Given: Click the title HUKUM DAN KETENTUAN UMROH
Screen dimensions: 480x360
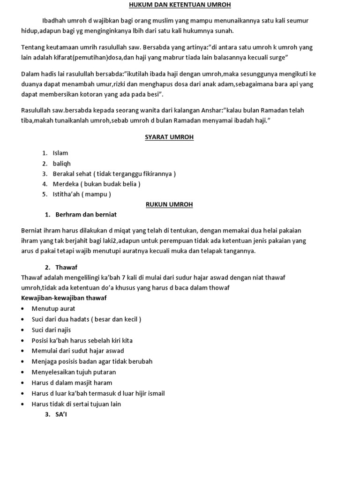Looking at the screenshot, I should (180, 5).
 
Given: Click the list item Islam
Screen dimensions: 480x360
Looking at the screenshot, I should (60, 153).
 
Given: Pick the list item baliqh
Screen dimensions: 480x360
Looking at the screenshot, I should (62, 163).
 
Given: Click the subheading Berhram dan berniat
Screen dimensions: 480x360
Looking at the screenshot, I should (86, 215).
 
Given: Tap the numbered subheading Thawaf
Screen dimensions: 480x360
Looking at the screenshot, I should (66, 267).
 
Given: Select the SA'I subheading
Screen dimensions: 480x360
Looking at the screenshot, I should (61, 414).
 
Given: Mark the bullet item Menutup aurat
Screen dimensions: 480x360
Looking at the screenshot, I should (53, 308).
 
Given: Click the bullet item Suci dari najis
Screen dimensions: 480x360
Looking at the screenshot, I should (52, 330).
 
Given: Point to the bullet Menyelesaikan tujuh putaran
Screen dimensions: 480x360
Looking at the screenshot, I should (74, 372).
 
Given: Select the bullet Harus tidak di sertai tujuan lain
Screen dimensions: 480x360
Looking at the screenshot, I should (76, 404).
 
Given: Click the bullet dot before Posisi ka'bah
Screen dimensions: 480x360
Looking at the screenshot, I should (23, 341).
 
